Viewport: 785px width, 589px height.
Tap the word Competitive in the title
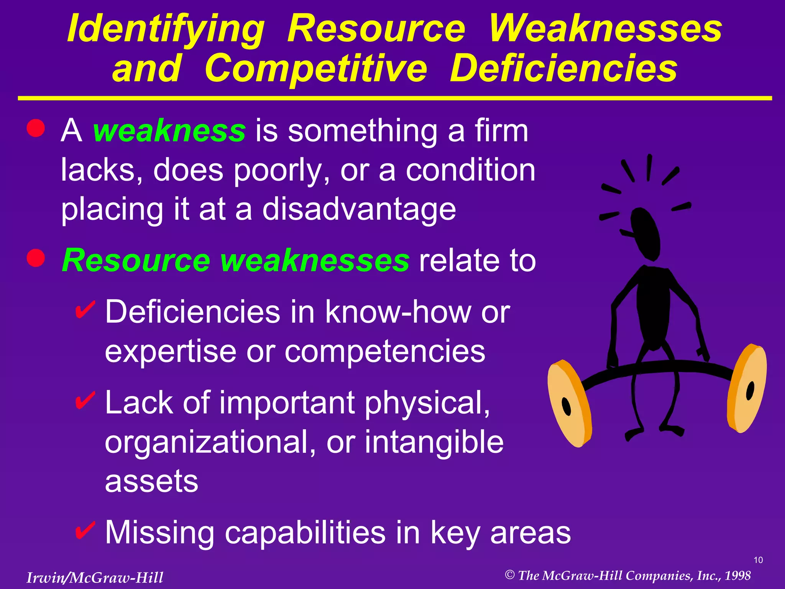coord(316,69)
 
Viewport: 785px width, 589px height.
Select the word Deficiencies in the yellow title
coord(563,69)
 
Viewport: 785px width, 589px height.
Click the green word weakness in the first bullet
coord(169,131)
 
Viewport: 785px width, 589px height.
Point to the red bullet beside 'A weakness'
coord(36,128)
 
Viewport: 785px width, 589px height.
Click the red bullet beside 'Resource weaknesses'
coord(36,258)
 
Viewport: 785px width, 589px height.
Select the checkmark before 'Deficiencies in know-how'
coord(85,309)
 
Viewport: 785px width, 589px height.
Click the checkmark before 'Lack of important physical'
coord(85,400)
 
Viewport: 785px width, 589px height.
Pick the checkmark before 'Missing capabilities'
coord(85,530)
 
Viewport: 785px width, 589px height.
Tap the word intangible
coord(434,442)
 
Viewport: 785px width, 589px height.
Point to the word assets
coord(152,482)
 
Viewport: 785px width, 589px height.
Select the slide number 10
coord(758,560)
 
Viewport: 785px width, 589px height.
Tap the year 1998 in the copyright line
coord(737,576)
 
